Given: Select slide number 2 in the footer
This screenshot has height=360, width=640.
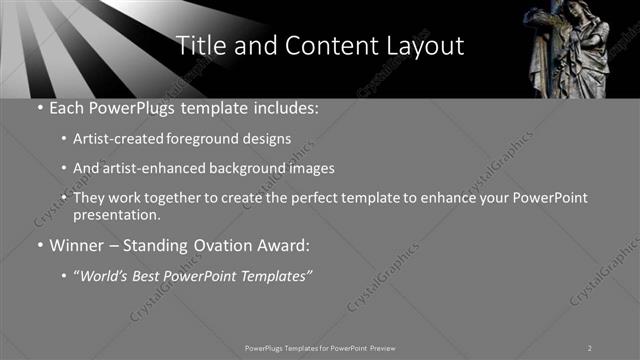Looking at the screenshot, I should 589,348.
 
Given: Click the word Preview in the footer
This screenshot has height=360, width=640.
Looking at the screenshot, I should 383,348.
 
